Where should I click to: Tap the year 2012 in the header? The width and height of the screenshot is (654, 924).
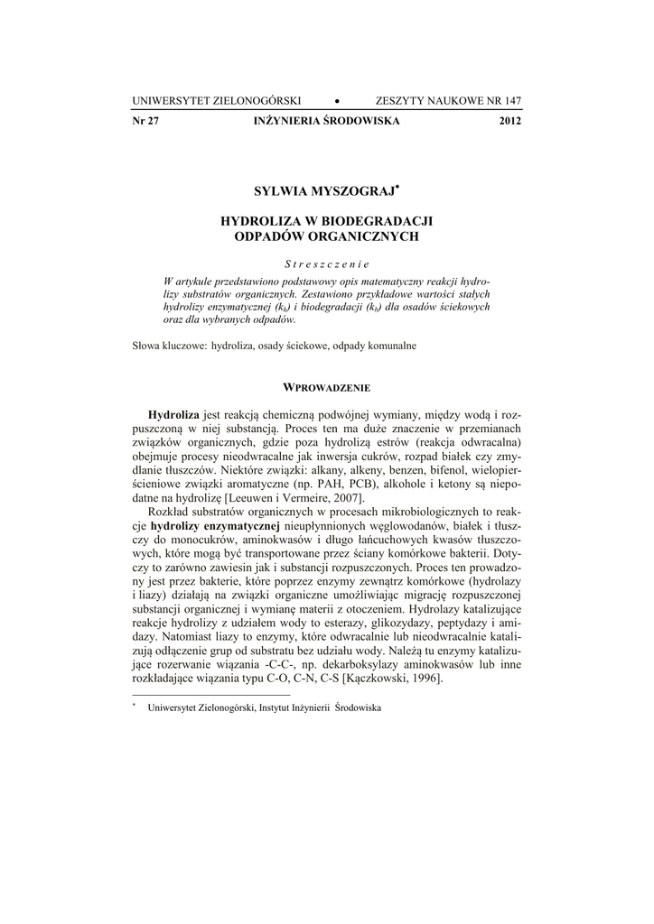(509, 121)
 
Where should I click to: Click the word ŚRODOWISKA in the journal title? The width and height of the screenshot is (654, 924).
(360, 121)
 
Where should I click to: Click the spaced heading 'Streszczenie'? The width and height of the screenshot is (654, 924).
(326, 264)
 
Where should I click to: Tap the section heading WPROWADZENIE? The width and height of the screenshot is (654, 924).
(327, 388)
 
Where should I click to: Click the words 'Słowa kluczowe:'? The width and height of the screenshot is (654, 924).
(169, 345)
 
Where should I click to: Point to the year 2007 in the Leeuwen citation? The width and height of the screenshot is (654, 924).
(346, 498)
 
